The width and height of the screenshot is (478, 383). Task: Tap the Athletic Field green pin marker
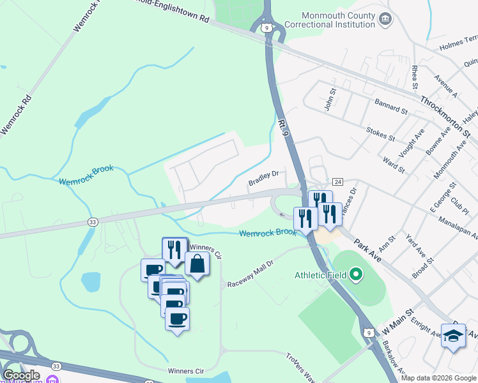[357, 276]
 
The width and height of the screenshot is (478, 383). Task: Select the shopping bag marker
[197, 264]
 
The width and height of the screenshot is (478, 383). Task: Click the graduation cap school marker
[453, 336]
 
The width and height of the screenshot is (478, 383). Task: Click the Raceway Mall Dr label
[250, 273]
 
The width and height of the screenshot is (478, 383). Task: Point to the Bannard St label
[391, 106]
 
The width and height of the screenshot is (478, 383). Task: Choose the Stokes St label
[381, 133]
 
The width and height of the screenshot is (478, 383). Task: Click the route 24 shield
[338, 182]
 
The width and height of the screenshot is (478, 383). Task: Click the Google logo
[21, 375]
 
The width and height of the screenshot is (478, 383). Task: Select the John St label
[330, 100]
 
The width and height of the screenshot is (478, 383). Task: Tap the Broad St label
[422, 269]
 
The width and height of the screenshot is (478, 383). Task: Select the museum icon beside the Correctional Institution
[385, 19]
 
